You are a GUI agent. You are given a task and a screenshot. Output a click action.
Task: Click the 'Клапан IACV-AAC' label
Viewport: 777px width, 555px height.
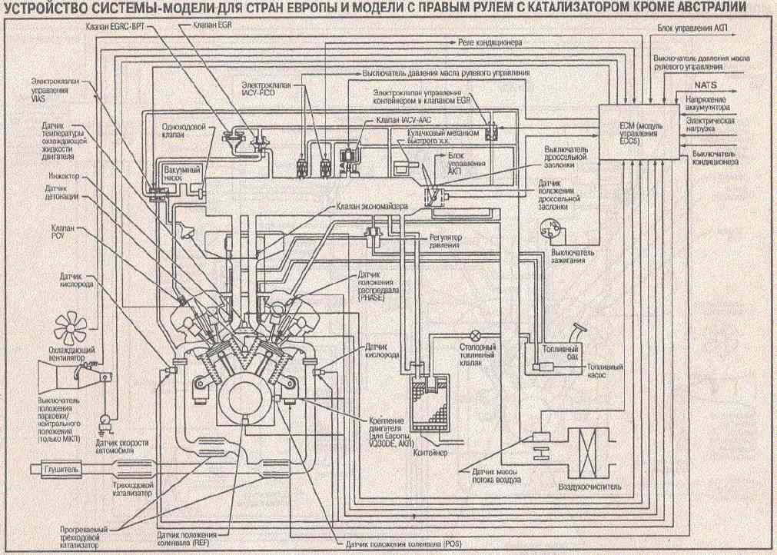click(x=405, y=121)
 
